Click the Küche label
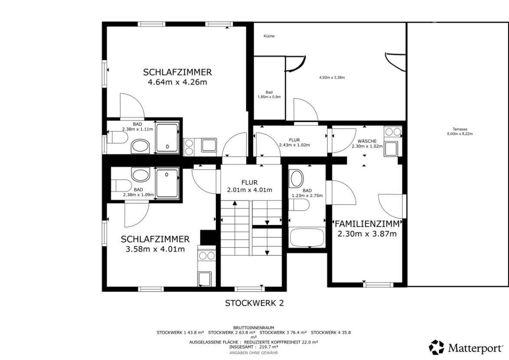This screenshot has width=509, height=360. click(x=269, y=36)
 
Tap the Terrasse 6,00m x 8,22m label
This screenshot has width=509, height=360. click(x=460, y=131)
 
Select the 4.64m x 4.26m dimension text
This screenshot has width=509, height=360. click(x=177, y=82)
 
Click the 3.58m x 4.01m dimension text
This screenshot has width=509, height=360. click(x=155, y=249)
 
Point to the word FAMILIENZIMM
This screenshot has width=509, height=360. click(x=367, y=224)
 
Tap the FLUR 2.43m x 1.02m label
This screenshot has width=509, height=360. click(x=294, y=142)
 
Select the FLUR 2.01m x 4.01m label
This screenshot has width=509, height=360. click(x=249, y=186)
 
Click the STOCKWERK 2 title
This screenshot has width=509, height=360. click(x=254, y=303)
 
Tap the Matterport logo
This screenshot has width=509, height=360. click(x=466, y=348)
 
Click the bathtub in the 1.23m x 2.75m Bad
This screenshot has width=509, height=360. click(x=307, y=238)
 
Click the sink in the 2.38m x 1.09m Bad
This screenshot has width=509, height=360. click(x=140, y=176)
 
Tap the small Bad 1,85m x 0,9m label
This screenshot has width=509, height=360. click(x=269, y=95)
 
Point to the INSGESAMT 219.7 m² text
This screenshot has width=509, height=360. click(x=254, y=347)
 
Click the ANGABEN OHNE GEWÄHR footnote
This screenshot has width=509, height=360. click(x=254, y=353)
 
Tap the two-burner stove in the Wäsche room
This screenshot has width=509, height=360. click(x=393, y=131)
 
